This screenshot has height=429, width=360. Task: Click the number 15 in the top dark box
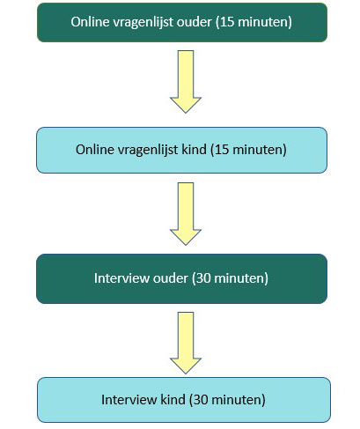pos(227,22)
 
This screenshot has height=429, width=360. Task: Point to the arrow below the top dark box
pos(186,81)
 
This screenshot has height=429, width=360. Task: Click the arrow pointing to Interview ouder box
pos(186,213)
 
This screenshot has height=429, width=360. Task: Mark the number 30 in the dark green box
pos(203,278)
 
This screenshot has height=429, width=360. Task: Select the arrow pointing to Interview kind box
pos(186,343)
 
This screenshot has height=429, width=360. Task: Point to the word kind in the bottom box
pos(173,400)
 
